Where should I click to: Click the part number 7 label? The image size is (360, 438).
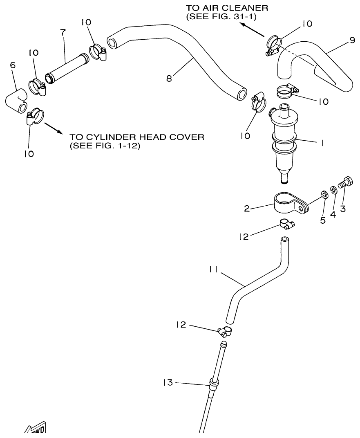(63, 32)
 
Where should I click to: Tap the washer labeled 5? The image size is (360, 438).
(323, 193)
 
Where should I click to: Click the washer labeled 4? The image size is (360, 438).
(334, 190)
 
